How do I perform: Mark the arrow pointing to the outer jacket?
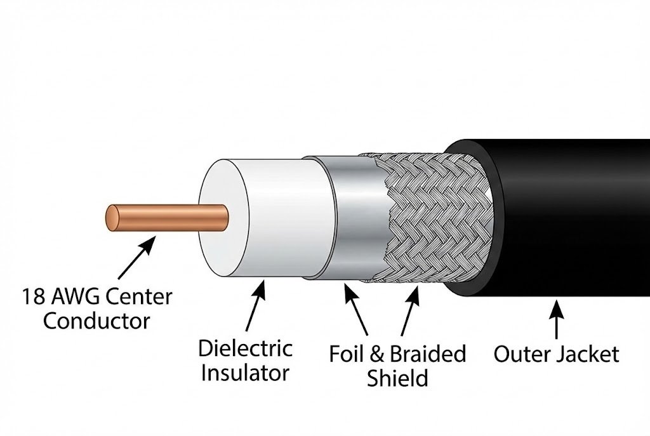click(x=557, y=320)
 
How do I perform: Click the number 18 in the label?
click(x=34, y=296)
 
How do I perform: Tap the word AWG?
click(x=77, y=296)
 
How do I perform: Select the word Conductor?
click(x=96, y=320)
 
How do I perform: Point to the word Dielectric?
click(x=245, y=348)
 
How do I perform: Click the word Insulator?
click(x=246, y=373)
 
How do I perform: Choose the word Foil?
click(x=347, y=354)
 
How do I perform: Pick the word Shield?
click(x=397, y=378)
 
